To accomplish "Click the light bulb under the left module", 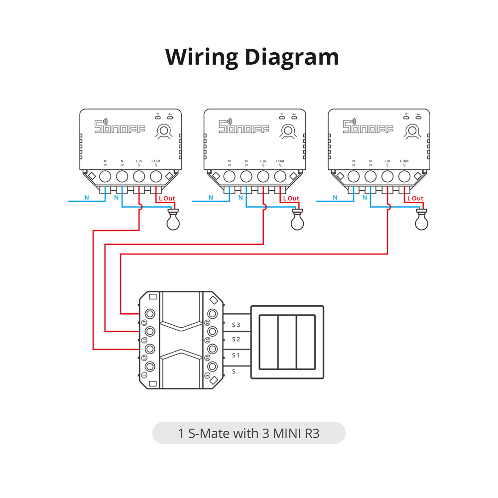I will (173, 220).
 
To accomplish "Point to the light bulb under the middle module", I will (297, 220).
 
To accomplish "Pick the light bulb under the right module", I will (421, 220).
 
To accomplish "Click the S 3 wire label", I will (236, 325).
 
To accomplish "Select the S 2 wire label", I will (236, 340).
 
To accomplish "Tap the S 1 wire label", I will (236, 355).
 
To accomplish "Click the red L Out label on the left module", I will (167, 198).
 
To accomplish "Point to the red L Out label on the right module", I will (415, 198).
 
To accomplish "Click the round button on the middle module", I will (286, 131).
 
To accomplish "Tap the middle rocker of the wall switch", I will (287, 342).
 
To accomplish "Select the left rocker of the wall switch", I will (268, 342).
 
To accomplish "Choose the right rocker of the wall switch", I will (306, 342).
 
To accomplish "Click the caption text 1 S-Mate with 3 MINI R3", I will (249, 433).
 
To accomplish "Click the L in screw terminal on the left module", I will (139, 176).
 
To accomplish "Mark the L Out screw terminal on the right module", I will (404, 176).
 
